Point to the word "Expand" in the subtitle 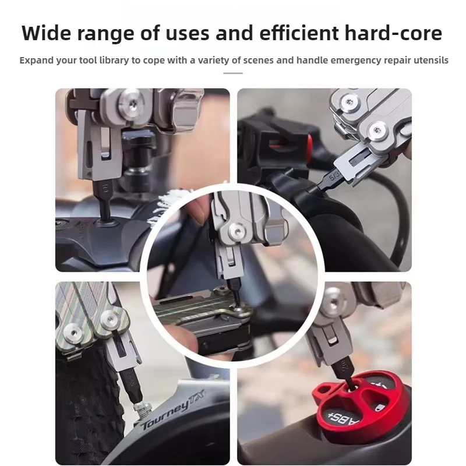coord(36,61)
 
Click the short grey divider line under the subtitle coord(233,73)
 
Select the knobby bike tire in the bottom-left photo coord(82,402)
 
